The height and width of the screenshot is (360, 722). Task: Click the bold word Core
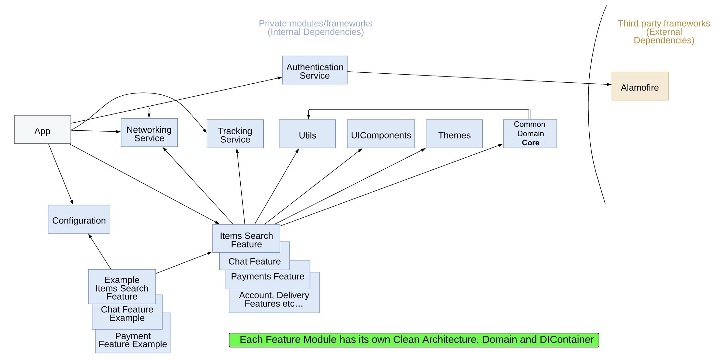[530, 143]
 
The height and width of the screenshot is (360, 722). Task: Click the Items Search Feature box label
[246, 239]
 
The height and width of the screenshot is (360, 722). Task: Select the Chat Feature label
[254, 261]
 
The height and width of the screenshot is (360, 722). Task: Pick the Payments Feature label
[268, 276]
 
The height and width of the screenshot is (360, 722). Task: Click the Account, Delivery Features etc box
[274, 299]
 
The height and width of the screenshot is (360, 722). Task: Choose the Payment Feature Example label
[133, 340]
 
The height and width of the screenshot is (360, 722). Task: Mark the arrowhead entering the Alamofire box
[609, 84]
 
